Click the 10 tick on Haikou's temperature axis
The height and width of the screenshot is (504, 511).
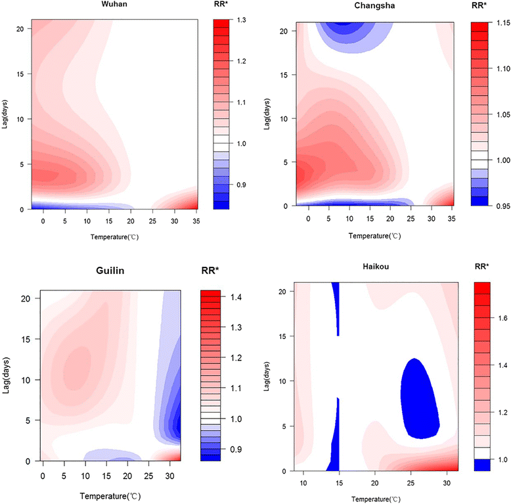[x=303, y=484]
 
